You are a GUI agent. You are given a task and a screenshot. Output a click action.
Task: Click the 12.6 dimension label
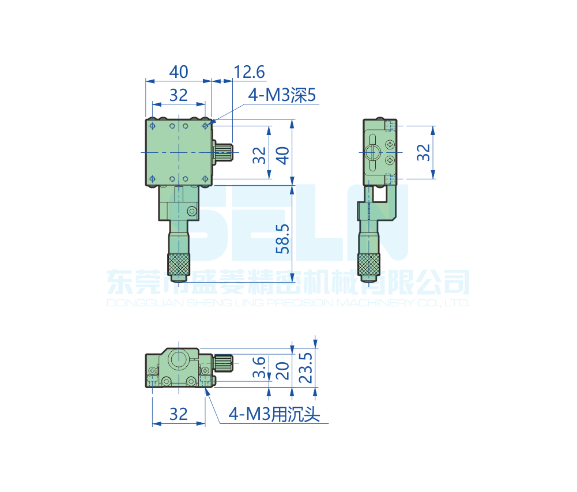249,72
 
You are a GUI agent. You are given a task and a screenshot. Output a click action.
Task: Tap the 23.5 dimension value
307,367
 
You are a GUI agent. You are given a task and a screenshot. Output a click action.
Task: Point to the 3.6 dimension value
259,367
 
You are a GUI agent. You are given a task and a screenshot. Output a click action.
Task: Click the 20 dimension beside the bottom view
282,369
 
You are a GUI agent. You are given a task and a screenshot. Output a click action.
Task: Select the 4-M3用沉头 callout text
274,414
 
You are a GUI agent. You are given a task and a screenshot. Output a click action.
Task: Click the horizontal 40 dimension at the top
179,72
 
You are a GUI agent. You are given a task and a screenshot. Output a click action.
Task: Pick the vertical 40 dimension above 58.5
282,154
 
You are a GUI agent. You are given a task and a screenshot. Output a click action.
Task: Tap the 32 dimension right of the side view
424,152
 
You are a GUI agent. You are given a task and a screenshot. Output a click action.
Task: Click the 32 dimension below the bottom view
179,414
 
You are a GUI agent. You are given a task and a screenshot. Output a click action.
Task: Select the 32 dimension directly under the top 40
179,95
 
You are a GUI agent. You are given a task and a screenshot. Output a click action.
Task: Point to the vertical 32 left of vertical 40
259,154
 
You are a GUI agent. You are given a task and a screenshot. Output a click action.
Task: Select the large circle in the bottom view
178,360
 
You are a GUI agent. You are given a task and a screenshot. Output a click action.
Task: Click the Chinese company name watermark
288,283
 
